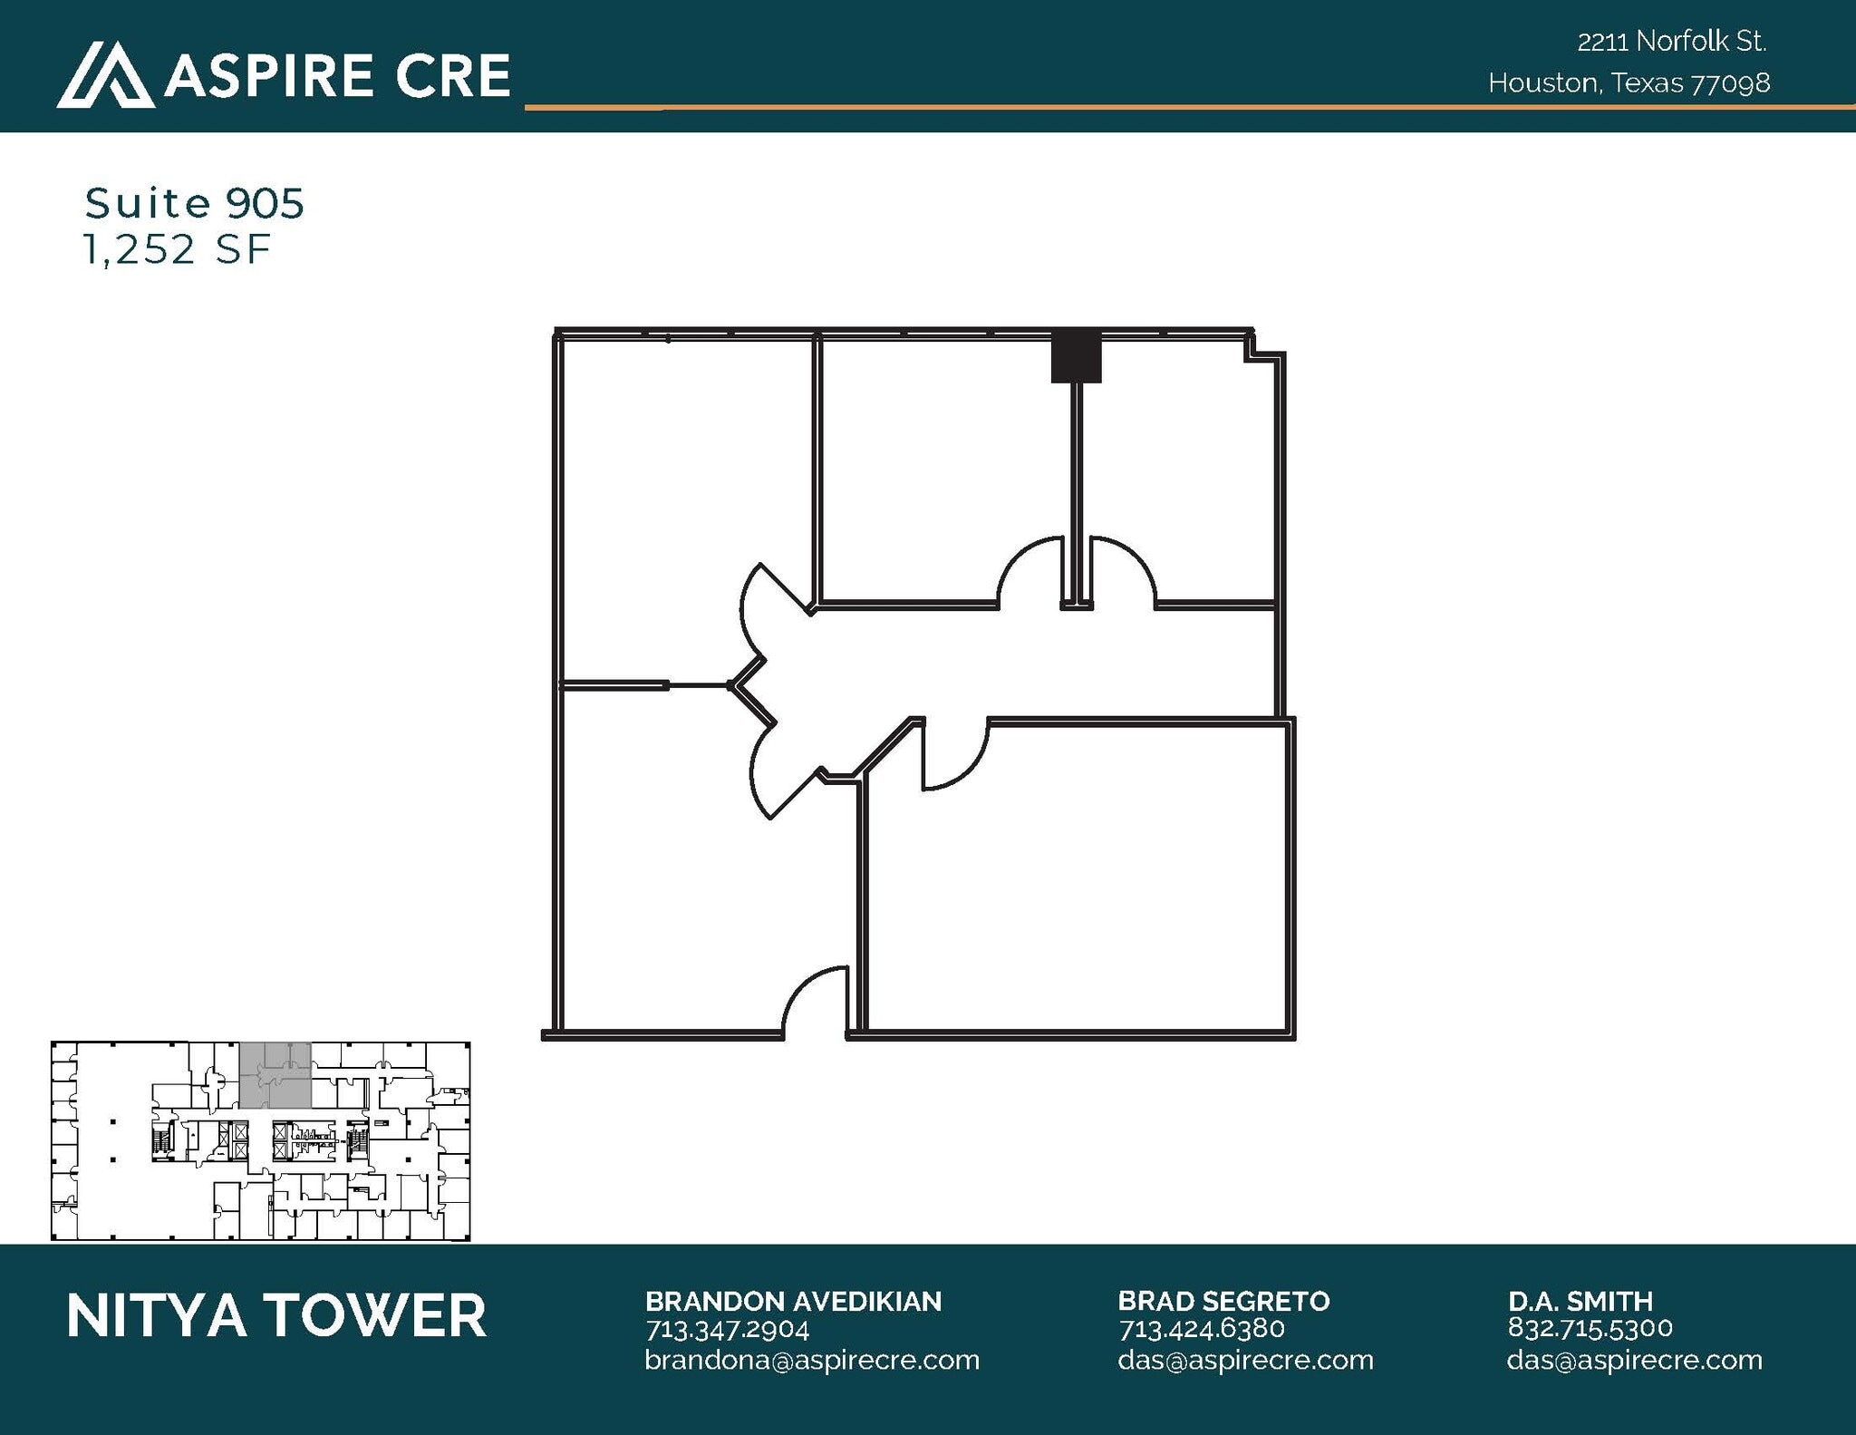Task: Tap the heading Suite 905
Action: tap(194, 203)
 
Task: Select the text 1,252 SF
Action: tap(177, 249)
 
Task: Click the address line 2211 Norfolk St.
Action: tap(1671, 42)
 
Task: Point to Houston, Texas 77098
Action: tap(1629, 83)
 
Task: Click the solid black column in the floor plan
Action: tap(1076, 357)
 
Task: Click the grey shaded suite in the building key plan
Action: tap(275, 1075)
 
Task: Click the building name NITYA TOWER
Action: tap(276, 1316)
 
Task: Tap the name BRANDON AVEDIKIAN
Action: tap(793, 1302)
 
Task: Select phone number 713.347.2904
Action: tap(727, 1330)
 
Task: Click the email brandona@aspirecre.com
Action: tap(812, 1361)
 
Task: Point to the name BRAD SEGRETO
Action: tap(1223, 1302)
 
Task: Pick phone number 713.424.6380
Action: tap(1202, 1330)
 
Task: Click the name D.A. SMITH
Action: tap(1580, 1302)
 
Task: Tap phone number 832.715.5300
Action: tap(1590, 1328)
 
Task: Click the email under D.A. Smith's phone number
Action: tap(1634, 1361)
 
